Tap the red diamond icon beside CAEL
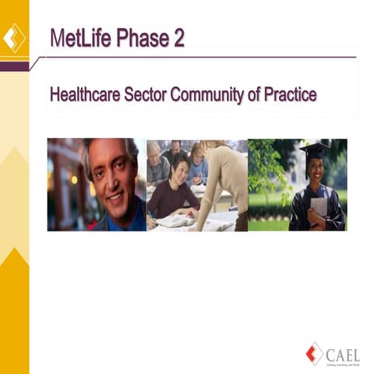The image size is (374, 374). [316, 352]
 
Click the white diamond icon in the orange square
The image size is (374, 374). [14, 38]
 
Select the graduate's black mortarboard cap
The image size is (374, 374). [315, 148]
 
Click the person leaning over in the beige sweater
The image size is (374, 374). [222, 183]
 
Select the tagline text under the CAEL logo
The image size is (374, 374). [344, 360]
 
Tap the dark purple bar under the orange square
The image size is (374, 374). [14, 66]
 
